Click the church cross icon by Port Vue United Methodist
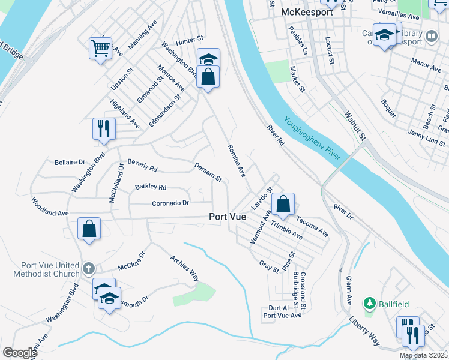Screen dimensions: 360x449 [x=88, y=268]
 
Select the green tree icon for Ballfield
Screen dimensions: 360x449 [x=370, y=303]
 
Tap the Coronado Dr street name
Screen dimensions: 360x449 [x=170, y=203]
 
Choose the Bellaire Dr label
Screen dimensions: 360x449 [x=70, y=162]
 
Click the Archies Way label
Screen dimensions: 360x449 [x=184, y=267]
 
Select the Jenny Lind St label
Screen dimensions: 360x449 [x=426, y=138]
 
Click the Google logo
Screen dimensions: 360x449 [x=20, y=352]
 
